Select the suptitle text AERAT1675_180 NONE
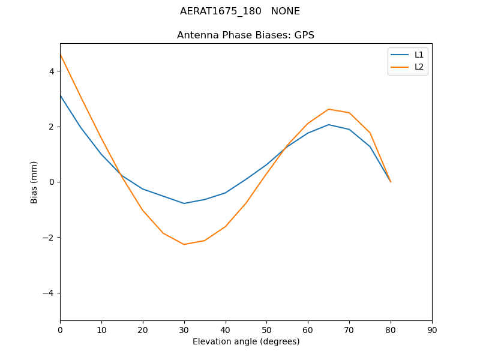coord(240,11)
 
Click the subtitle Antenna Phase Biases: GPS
coord(245,35)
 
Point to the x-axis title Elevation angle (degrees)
coord(246,341)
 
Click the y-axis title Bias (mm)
coord(34,182)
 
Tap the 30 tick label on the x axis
coord(184,330)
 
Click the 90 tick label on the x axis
coord(432,330)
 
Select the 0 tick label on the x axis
coord(60,330)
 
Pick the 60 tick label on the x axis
coord(308,330)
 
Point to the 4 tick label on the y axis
coord(52,71)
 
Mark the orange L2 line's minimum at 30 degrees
coord(184,244)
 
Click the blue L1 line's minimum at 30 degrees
coord(184,203)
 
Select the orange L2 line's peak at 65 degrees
coord(329,109)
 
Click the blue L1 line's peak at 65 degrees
coord(329,125)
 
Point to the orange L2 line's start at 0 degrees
coord(61,55)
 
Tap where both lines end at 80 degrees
coord(391,182)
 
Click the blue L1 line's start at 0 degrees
coord(61,95)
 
